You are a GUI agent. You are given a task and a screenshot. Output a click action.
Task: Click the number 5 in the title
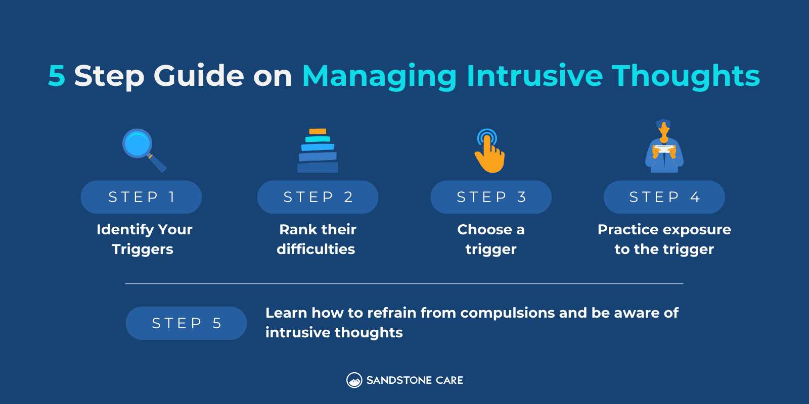[x=57, y=76]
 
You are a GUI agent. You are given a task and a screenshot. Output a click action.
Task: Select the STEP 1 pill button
[x=141, y=197]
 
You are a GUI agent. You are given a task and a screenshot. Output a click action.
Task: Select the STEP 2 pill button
[x=318, y=197]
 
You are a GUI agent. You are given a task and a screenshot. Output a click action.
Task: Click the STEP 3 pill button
[x=491, y=197]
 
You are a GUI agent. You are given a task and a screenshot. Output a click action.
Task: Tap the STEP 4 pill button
[x=664, y=197]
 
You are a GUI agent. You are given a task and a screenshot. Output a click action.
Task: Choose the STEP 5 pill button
[x=186, y=323]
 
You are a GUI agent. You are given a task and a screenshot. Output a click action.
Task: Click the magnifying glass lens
[x=137, y=143]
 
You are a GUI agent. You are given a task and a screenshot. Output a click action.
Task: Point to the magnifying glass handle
[x=158, y=164]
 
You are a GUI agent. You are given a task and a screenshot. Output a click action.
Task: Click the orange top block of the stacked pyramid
[x=318, y=131]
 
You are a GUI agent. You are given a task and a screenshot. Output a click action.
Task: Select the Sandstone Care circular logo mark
[x=354, y=380]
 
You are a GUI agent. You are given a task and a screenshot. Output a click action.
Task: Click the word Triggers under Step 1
[x=143, y=249]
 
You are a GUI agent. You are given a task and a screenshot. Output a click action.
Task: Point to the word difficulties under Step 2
[x=316, y=249]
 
